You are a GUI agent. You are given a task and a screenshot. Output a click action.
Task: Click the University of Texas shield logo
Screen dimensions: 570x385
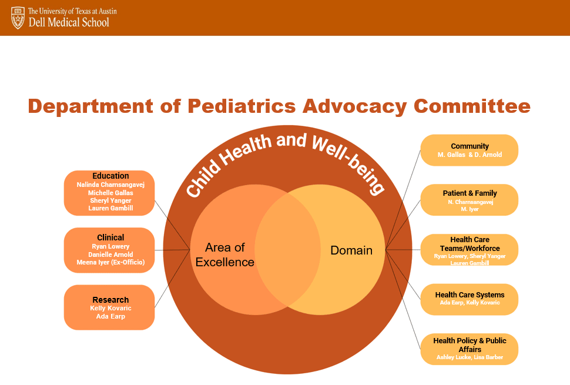18,18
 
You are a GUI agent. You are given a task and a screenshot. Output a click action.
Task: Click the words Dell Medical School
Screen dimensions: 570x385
69,22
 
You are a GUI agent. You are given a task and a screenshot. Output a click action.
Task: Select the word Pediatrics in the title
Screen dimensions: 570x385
242,106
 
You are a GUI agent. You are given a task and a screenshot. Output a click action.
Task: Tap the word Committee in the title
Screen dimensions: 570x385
472,106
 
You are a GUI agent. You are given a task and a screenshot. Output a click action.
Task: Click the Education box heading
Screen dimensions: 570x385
110,176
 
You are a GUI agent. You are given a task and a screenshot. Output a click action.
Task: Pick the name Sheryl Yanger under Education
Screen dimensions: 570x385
110,200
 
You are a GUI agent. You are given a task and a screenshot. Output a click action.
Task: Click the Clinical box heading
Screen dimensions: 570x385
110,238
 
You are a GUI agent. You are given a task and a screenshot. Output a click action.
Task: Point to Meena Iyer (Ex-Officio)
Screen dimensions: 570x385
110,262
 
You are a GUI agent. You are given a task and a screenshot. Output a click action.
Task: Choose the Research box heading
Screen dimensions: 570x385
110,300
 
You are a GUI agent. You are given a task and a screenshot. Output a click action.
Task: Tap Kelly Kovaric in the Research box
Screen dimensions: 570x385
110,308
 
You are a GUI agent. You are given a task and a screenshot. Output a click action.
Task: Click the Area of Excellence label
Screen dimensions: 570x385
224,255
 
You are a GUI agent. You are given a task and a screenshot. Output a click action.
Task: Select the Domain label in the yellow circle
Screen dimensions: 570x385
351,250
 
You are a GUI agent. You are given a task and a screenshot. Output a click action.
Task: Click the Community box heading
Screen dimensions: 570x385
470,146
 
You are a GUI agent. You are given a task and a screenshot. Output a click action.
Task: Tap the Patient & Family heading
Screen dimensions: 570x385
470,193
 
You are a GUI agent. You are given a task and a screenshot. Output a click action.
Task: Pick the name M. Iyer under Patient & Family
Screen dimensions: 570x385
470,209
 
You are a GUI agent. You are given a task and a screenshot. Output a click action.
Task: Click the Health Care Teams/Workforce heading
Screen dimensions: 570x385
470,244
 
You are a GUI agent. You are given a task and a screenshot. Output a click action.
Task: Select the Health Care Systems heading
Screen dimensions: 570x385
470,295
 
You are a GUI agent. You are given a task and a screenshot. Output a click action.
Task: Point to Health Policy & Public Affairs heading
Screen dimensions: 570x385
470,345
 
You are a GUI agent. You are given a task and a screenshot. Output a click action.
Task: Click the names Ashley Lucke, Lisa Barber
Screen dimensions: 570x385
470,357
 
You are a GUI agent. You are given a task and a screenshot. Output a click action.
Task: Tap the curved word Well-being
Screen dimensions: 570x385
349,163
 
